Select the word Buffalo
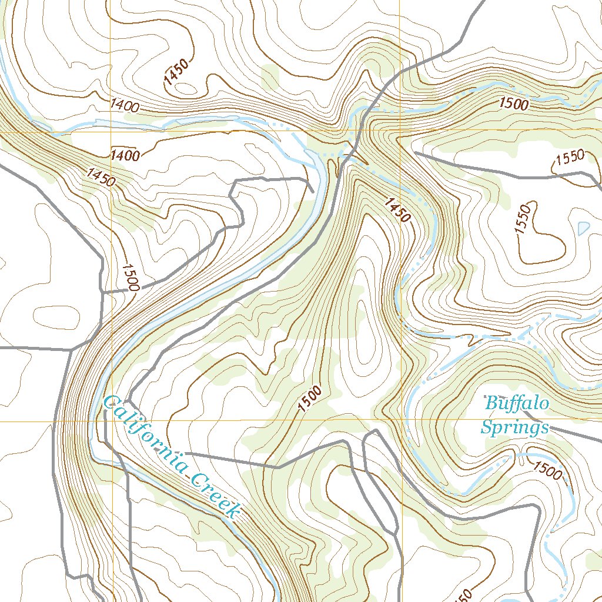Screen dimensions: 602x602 (x=517, y=404)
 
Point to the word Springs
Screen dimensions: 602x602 (x=514, y=427)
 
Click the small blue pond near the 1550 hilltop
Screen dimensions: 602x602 (x=583, y=227)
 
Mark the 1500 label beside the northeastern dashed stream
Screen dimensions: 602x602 (x=514, y=103)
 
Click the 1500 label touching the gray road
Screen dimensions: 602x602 (x=130, y=277)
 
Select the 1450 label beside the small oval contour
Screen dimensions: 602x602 (x=177, y=73)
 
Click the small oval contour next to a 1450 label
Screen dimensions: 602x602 (x=187, y=88)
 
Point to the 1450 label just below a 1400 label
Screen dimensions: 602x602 (x=100, y=176)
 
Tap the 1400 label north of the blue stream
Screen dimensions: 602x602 (x=124, y=106)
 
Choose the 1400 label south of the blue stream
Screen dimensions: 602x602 (x=124, y=156)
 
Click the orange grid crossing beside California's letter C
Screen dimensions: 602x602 (x=112, y=421)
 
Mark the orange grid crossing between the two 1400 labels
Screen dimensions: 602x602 (x=112, y=132)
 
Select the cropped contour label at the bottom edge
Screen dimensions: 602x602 (x=463, y=596)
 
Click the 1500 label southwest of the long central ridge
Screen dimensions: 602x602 (x=310, y=399)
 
